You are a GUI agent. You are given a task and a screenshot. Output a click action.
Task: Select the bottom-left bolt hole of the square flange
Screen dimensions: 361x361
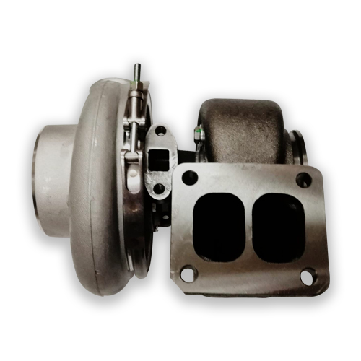(188, 275)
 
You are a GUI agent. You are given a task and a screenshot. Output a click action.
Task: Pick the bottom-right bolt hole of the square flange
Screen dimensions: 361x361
(309, 275)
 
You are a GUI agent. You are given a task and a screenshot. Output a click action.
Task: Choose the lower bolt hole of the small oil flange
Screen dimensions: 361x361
(158, 188)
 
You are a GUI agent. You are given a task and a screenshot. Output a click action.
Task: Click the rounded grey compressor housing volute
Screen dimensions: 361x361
(101, 180)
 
